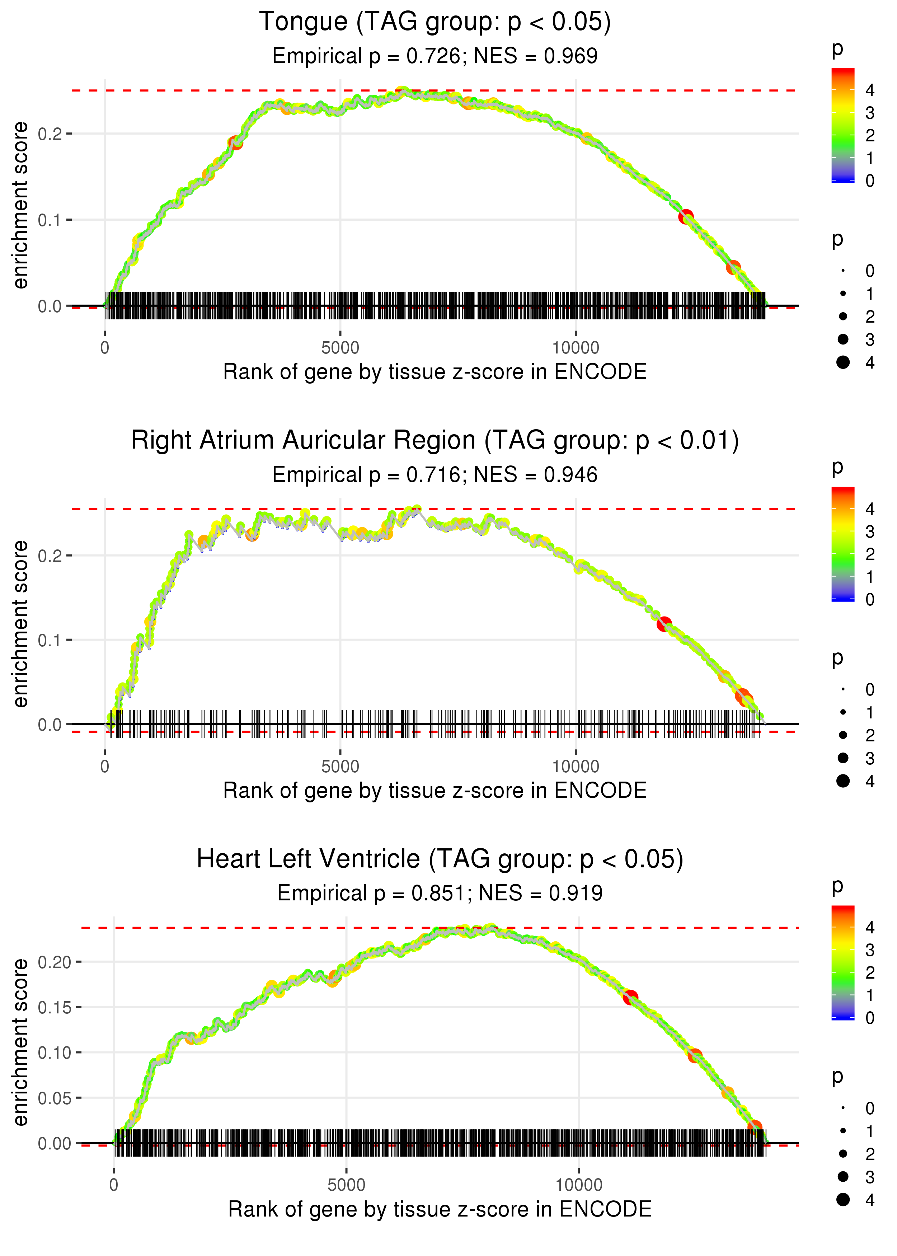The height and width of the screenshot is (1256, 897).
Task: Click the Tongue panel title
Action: click(435, 22)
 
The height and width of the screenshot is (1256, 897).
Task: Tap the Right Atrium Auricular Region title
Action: click(435, 441)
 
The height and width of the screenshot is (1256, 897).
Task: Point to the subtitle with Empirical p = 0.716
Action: click(366, 475)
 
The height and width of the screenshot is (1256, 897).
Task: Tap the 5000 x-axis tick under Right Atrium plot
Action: click(340, 766)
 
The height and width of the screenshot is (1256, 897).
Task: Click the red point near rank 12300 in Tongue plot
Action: click(685, 216)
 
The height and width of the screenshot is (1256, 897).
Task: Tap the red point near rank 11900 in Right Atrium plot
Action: click(664, 624)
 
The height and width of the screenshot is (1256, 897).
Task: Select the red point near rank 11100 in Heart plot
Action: click(630, 998)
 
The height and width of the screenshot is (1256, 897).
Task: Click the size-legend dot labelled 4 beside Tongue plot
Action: click(843, 362)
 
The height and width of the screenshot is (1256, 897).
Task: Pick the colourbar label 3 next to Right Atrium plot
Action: click(870, 532)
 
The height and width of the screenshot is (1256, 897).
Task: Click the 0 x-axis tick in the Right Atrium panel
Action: click(105, 766)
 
